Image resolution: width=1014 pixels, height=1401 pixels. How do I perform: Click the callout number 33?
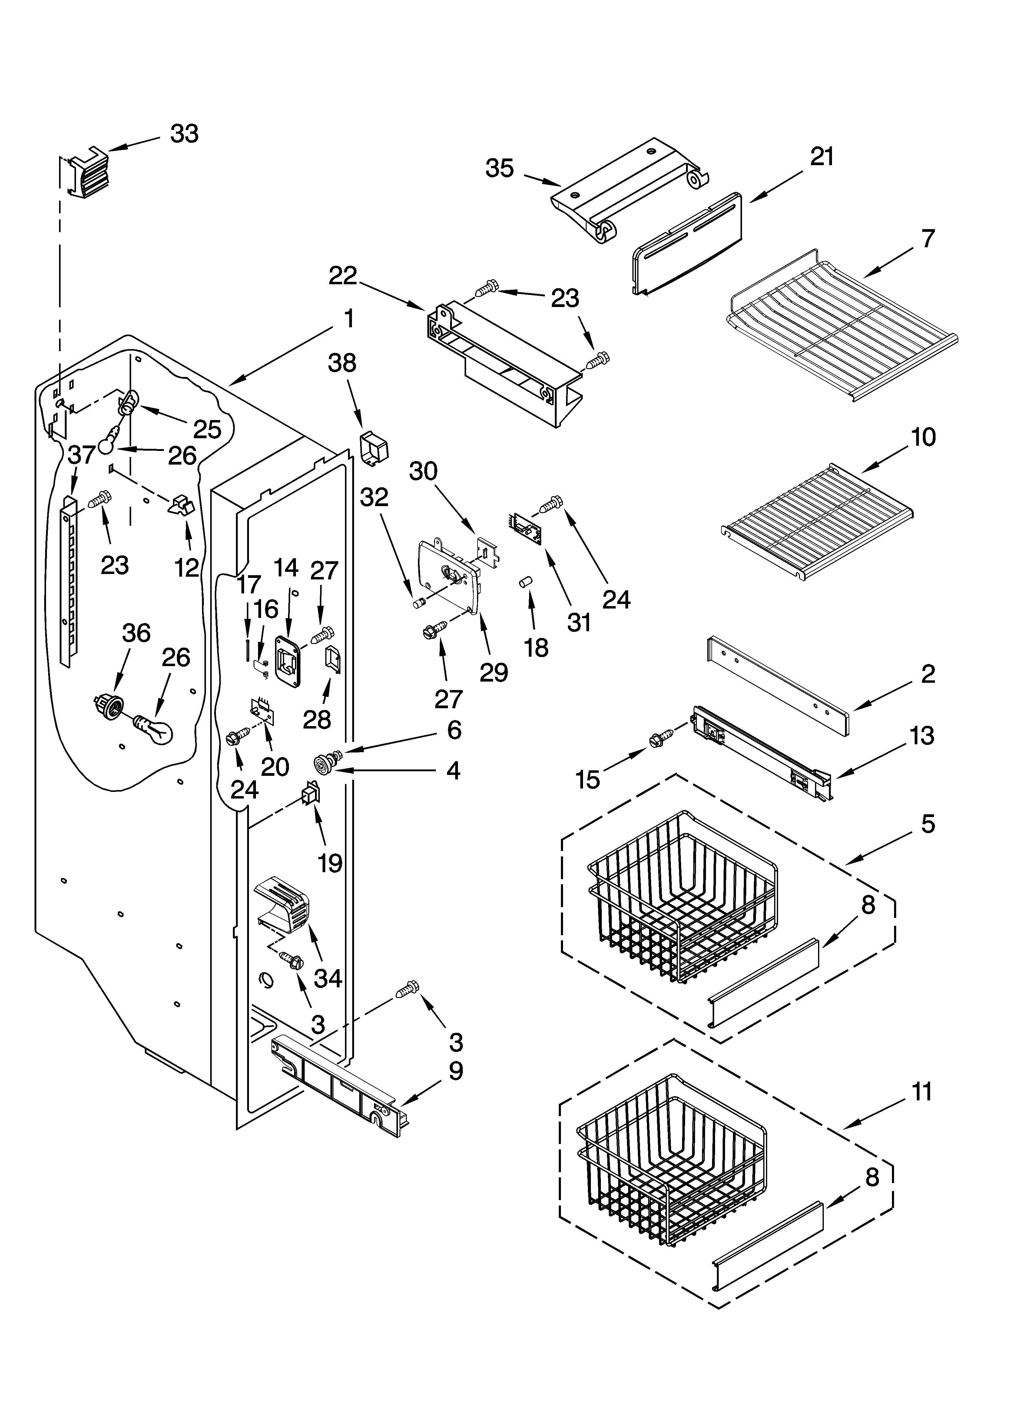click(184, 133)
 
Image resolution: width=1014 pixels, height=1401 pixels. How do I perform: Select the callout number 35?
click(500, 168)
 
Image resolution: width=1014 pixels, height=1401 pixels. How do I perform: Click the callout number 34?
click(328, 978)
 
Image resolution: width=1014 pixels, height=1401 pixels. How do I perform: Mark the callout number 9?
click(455, 1071)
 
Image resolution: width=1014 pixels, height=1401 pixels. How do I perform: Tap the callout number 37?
click(81, 455)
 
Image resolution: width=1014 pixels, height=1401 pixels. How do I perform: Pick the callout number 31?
click(579, 622)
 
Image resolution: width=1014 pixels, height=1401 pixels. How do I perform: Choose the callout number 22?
click(343, 275)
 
